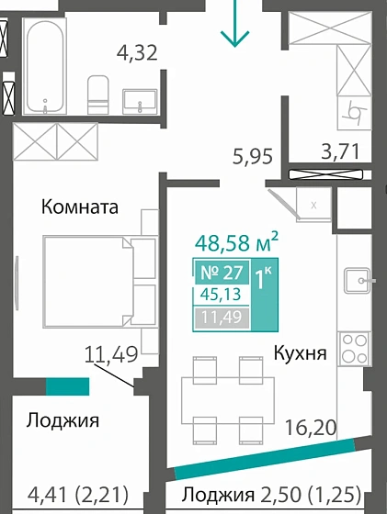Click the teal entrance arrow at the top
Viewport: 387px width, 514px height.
235,25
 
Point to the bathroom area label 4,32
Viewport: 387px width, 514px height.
137,51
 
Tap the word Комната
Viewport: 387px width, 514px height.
80,207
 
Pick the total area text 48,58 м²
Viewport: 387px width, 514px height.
237,243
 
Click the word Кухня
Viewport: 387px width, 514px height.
300,352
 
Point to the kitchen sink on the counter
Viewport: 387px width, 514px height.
357,278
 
